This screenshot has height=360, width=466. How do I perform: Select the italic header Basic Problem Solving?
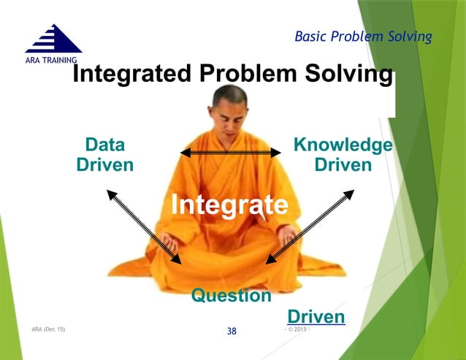point(363,37)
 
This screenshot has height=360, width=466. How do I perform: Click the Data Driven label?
point(105,155)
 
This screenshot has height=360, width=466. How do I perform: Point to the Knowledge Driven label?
point(343,155)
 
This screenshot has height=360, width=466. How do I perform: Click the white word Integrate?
point(229,204)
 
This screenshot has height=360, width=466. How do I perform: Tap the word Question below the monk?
point(231,296)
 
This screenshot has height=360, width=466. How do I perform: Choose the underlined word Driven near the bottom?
point(316,317)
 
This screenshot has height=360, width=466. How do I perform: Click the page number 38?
point(232,332)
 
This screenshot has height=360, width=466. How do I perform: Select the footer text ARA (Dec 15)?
point(48,329)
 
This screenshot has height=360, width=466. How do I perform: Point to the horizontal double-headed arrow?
point(231,152)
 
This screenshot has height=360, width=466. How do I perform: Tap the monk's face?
point(229,109)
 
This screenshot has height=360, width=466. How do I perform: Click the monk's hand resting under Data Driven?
point(169,240)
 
